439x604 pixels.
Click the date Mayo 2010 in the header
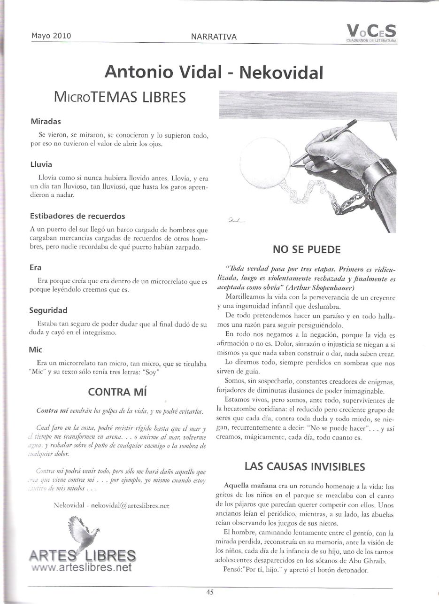(51, 35)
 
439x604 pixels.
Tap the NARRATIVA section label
(214, 36)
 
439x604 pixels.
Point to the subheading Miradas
(46, 121)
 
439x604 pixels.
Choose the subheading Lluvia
(41, 164)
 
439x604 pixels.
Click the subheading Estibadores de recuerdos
(77, 217)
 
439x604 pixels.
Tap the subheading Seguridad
(48, 310)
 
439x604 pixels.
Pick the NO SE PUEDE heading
(307, 249)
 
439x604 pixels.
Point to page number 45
(210, 592)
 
